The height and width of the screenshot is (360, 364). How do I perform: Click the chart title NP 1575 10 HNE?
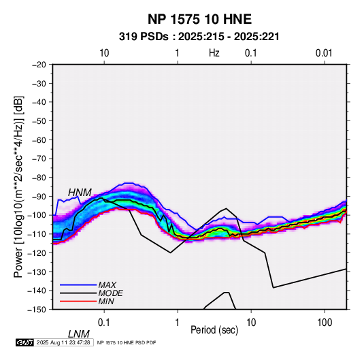coord(199,19)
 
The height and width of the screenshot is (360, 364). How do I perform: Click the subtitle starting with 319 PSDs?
coord(199,37)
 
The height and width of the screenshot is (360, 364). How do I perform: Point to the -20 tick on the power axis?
coord(39,65)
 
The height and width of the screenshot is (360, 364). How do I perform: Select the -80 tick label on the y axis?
coord(39,178)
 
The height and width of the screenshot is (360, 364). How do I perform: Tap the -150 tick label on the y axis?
coord(37,310)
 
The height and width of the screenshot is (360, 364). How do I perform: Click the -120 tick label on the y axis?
coord(37,252)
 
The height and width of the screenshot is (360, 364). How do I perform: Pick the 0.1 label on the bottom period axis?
coord(104,323)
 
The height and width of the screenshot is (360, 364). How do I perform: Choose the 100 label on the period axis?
coord(325,323)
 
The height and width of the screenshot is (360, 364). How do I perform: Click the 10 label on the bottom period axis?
coord(251,323)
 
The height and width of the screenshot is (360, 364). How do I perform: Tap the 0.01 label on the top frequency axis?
coord(324,53)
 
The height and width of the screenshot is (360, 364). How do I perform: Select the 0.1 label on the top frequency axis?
coord(250,53)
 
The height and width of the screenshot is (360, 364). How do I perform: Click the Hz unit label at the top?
coord(214,53)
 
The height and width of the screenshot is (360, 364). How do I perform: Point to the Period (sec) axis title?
coord(214,330)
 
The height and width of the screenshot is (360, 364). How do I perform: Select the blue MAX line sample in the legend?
coord(78,285)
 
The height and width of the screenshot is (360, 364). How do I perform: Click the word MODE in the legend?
coord(110,293)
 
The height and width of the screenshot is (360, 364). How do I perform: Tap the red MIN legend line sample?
coord(78,301)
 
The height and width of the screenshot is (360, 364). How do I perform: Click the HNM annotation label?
coord(80,193)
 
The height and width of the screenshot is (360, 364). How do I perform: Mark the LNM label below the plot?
coord(79,334)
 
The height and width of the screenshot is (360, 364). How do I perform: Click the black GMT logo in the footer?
coord(24,342)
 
